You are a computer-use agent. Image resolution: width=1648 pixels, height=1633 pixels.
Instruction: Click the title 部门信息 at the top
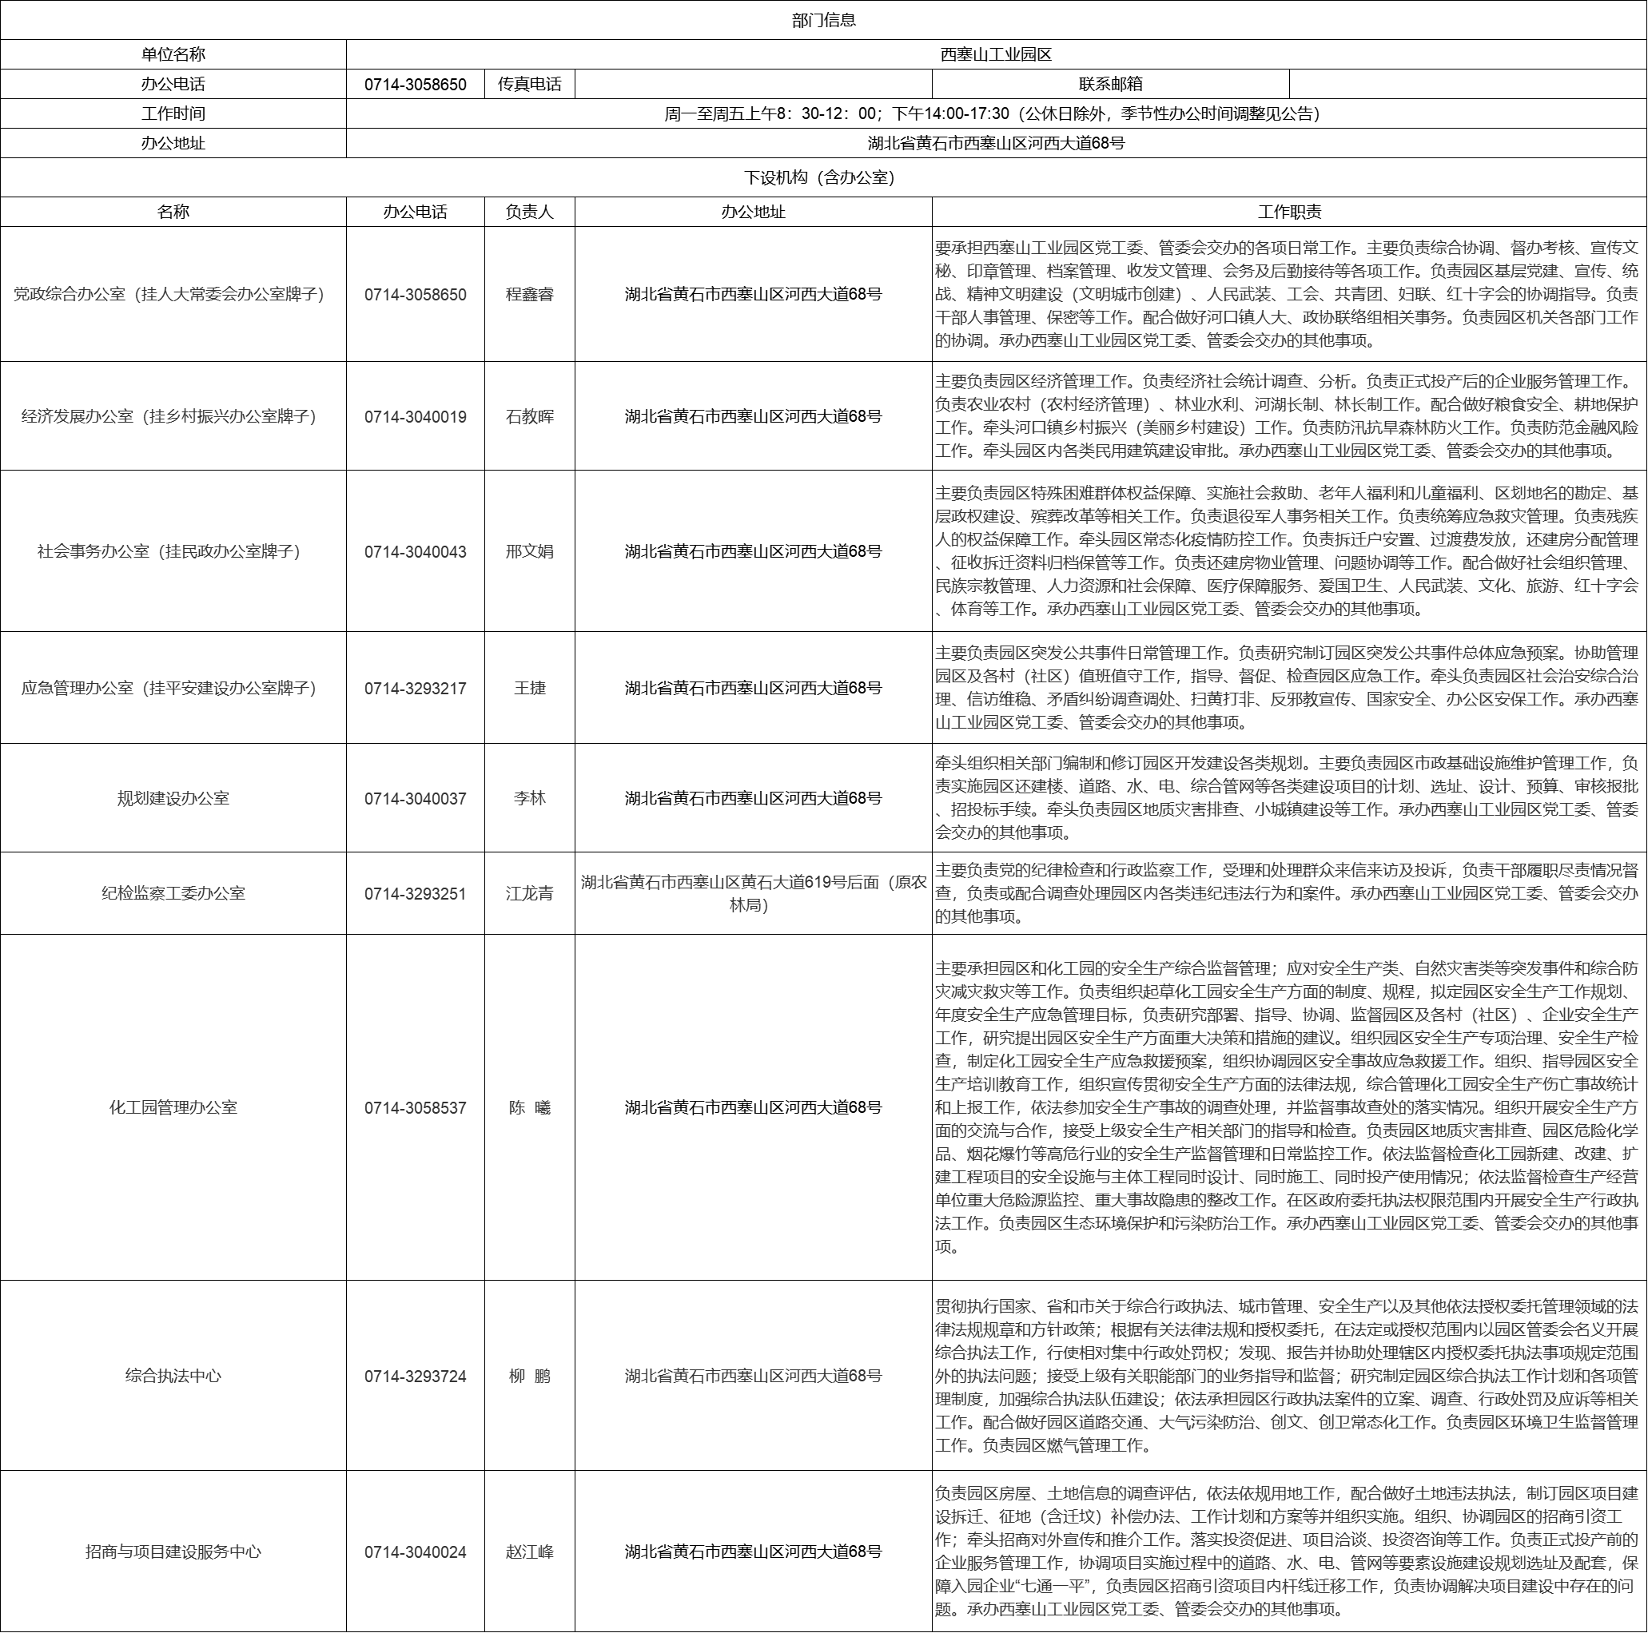[x=823, y=21]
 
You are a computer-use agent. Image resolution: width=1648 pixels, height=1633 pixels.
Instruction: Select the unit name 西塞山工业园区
[x=996, y=54]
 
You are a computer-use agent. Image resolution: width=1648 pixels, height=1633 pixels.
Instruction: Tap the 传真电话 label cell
[x=530, y=85]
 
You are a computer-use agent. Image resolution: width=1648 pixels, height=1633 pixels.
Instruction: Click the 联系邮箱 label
[x=1110, y=85]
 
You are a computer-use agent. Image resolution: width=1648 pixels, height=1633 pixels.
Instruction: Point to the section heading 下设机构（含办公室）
[x=823, y=177]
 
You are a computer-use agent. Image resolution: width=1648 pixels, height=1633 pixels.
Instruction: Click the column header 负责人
[x=530, y=213]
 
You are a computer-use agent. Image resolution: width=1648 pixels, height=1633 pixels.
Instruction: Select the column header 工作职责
[x=1289, y=213]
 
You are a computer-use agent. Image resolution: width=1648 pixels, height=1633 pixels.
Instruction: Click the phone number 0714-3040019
[x=416, y=417]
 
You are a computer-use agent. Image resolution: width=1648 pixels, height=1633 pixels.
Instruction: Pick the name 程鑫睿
[x=530, y=294]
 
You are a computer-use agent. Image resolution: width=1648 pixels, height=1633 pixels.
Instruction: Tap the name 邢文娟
[x=530, y=552]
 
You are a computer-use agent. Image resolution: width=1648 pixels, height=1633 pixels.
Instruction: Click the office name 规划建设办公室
[x=173, y=798]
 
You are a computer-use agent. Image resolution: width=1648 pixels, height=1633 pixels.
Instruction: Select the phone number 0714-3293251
[x=416, y=894]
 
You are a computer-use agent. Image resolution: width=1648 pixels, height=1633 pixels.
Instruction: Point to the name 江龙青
[x=530, y=894]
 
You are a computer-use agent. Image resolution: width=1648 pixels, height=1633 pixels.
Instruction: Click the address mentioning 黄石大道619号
[x=753, y=893]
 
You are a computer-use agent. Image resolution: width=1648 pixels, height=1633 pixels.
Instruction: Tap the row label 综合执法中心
[x=173, y=1376]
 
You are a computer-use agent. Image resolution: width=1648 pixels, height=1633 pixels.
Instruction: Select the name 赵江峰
[x=530, y=1552]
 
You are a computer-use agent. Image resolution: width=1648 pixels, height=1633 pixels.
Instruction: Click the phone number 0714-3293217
[x=416, y=688]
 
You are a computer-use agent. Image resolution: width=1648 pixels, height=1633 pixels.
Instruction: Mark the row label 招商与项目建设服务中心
[x=173, y=1552]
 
